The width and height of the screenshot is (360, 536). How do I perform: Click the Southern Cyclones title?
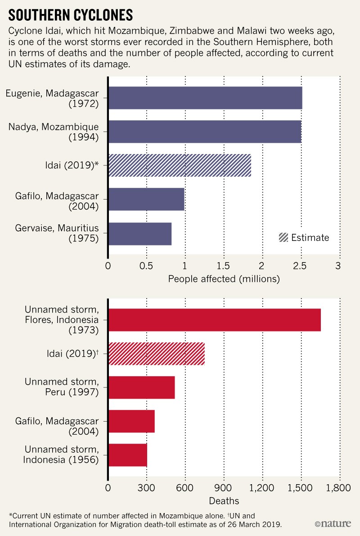[x=71, y=15]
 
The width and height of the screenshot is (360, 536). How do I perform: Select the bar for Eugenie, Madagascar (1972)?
[x=205, y=98]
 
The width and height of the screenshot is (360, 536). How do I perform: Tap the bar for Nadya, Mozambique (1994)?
[x=205, y=132]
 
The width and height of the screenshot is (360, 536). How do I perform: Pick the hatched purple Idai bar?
[x=180, y=165]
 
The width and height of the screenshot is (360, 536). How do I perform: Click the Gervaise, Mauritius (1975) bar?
[x=140, y=233]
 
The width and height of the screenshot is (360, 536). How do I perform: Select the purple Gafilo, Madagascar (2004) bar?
[x=146, y=200]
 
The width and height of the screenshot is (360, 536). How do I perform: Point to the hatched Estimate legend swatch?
[x=283, y=237]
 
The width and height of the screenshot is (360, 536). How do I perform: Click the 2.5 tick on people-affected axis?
[x=301, y=265]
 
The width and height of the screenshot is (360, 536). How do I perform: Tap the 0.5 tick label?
[x=146, y=265]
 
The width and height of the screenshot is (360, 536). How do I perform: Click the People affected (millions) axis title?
[x=224, y=279]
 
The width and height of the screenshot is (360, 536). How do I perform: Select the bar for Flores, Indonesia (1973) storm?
[x=215, y=320]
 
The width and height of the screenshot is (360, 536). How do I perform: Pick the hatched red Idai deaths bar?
[x=157, y=354]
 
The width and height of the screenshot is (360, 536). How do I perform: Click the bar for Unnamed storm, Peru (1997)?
[x=141, y=387]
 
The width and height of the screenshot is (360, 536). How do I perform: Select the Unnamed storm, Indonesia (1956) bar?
[x=128, y=455]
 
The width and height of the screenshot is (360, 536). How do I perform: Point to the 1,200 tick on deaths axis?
[x=262, y=487]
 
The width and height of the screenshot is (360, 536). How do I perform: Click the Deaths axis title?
[x=224, y=500]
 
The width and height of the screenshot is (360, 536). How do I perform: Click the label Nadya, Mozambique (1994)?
[x=54, y=132]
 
